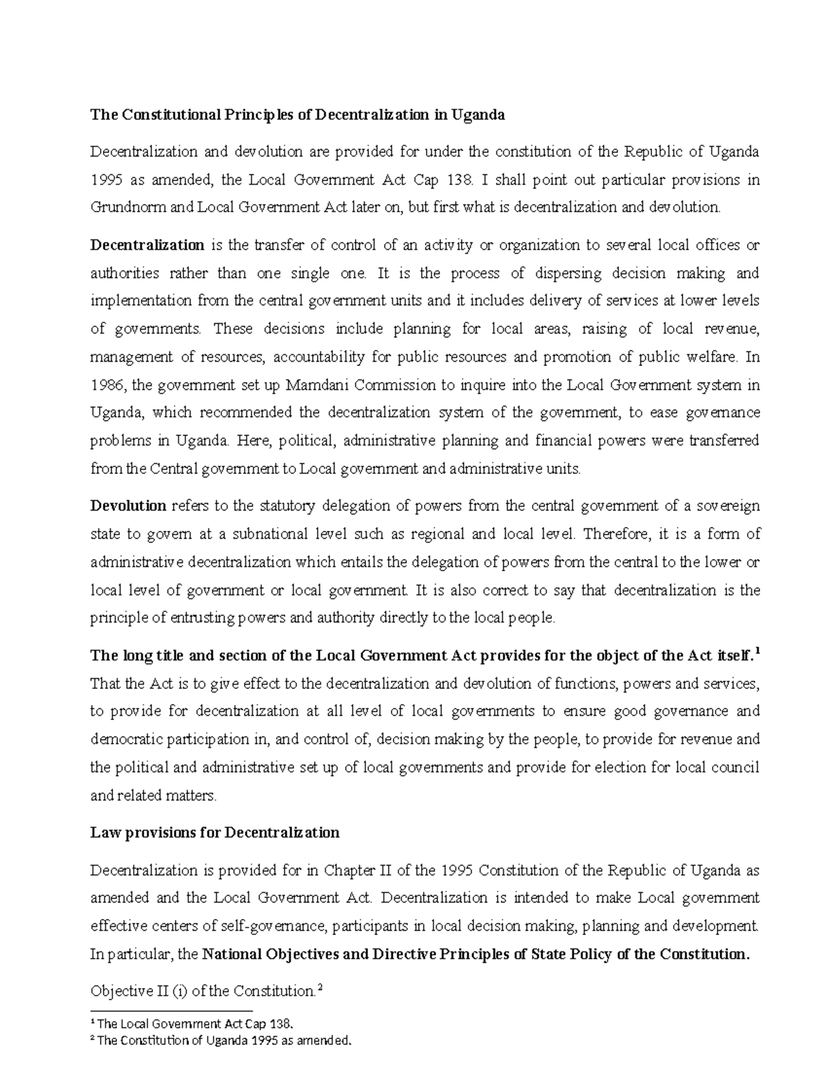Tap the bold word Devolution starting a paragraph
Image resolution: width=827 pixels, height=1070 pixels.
128,506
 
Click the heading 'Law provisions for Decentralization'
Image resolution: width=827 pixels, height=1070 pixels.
215,833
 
